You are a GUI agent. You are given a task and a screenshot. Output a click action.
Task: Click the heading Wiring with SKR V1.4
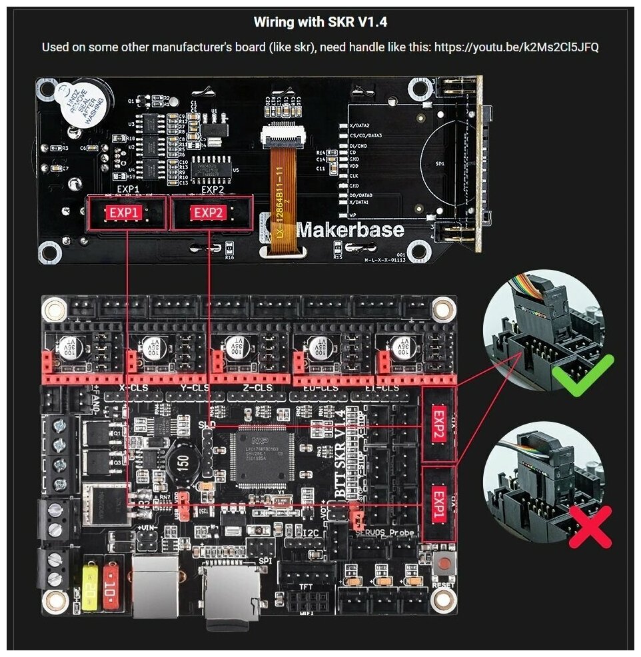[320, 22]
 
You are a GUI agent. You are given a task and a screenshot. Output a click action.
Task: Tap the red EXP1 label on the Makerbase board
[125, 213]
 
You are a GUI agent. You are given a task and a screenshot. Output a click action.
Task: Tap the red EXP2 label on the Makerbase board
[209, 213]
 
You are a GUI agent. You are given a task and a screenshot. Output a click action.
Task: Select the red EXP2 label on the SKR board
[438, 426]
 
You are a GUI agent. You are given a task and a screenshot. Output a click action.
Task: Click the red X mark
[590, 526]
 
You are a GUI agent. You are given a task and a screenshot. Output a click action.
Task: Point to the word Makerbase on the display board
[350, 230]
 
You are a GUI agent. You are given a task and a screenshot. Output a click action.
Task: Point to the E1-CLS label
[382, 388]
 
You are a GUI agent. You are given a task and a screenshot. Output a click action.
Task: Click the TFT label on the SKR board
[305, 587]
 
